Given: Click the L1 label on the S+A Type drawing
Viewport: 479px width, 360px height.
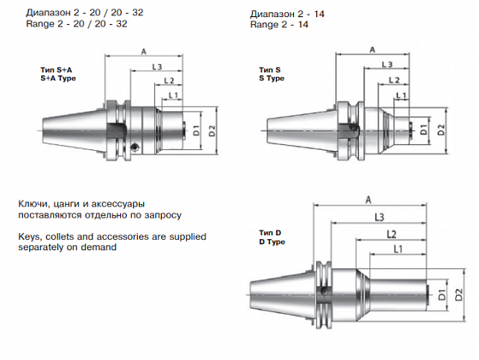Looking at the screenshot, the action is pyautogui.click(x=173, y=95).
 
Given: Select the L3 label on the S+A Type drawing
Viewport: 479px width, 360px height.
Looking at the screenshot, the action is pyautogui.click(x=157, y=67).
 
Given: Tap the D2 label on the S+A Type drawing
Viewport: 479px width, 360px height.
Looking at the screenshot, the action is pyautogui.click(x=212, y=131).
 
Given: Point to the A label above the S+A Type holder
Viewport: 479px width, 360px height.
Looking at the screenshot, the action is pyautogui.click(x=144, y=51).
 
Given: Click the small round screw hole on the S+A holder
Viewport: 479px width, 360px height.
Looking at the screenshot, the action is pyautogui.click(x=135, y=147).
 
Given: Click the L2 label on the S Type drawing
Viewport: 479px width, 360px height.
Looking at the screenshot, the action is pyautogui.click(x=394, y=80).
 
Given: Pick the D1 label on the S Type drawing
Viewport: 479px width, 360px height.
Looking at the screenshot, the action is pyautogui.click(x=423, y=130).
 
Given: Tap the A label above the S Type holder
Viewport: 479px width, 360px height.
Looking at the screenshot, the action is pyautogui.click(x=372, y=50).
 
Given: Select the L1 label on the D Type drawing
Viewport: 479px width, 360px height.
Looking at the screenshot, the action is pyautogui.click(x=398, y=249).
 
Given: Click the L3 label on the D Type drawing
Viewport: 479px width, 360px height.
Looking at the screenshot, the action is pyautogui.click(x=379, y=217).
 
